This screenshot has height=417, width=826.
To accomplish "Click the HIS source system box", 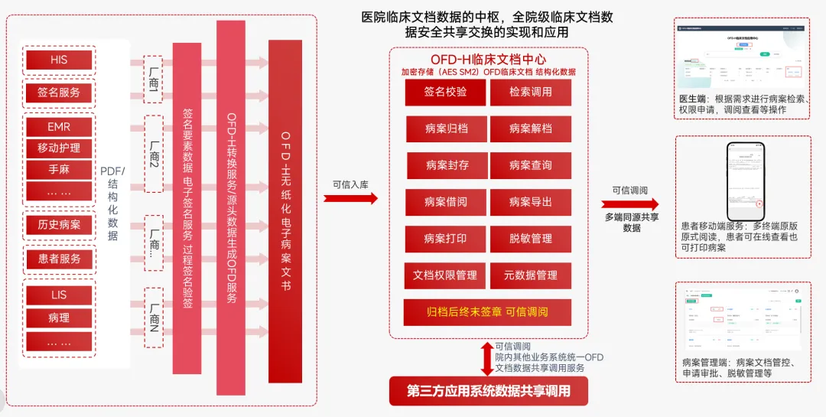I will [59, 60].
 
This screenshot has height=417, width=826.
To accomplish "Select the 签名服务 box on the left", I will [59, 93].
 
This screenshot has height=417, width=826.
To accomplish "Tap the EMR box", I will [59, 126].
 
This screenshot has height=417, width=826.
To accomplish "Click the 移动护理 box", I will [59, 148].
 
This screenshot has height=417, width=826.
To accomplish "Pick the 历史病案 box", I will [59, 224].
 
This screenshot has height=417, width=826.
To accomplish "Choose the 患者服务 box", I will [59, 259].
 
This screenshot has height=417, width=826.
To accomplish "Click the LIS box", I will [59, 295].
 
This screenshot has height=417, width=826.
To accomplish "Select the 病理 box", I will [59, 317].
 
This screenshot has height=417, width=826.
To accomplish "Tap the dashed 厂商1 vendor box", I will [153, 79].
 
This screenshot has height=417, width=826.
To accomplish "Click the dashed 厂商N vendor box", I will [153, 312].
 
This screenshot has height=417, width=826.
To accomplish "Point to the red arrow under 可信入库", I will [350, 198].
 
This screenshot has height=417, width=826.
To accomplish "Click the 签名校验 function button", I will [445, 93].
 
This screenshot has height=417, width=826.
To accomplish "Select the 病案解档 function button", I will [531, 129].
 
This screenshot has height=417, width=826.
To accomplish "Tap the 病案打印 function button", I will [445, 239].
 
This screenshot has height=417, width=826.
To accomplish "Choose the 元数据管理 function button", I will [531, 275].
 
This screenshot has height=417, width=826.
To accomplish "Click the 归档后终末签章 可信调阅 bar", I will [488, 312].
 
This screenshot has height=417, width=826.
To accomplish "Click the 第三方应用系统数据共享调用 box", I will [489, 391].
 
